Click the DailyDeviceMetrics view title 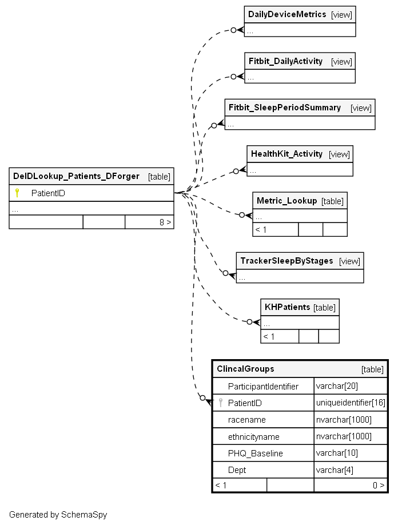tap(287, 14)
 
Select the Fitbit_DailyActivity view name tap(285, 61)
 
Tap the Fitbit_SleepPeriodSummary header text tap(285, 108)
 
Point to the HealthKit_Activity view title tap(286, 154)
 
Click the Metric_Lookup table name tap(286, 201)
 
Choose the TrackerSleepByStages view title tap(286, 261)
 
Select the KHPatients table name tap(287, 307)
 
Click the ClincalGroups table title tap(245, 369)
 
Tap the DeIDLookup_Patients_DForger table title tap(76, 176)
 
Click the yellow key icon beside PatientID tap(17, 193)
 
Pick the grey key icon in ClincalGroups tap(220, 403)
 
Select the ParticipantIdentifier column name tap(263, 387)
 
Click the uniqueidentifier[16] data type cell tap(351, 403)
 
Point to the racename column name tap(246, 420)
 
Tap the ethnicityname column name tap(253, 436)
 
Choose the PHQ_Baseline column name tap(256, 454)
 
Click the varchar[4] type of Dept tap(335, 470)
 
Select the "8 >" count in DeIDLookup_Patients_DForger tap(165, 222)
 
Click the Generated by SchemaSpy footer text tap(58, 515)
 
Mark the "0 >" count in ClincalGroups tap(379, 485)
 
